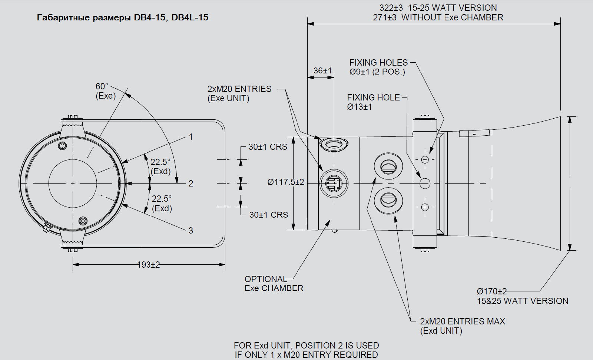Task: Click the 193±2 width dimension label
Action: click(x=148, y=265)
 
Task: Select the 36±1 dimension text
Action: click(x=322, y=70)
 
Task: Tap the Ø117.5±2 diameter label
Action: click(x=285, y=182)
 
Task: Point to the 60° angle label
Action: click(x=102, y=86)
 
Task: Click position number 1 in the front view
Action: click(x=191, y=137)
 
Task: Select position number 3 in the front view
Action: click(x=191, y=231)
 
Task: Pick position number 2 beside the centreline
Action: click(x=191, y=184)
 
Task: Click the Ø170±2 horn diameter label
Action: click(x=491, y=292)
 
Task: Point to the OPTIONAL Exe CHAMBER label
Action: click(x=274, y=284)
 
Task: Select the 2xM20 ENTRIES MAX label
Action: click(x=462, y=321)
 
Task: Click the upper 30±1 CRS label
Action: click(x=268, y=147)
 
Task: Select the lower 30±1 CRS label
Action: click(x=268, y=215)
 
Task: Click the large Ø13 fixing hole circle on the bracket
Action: click(x=425, y=183)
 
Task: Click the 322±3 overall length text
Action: click(x=438, y=8)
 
